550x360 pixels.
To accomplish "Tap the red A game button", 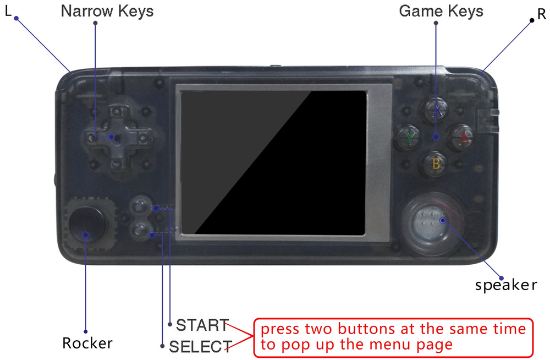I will pyautogui.click(x=463, y=138).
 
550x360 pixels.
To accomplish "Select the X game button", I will pyautogui.click(x=437, y=111).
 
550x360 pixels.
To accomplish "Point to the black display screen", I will pyautogui.click(x=274, y=162).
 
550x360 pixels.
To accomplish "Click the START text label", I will pyautogui.click(x=202, y=325).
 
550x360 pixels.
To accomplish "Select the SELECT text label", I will pyautogui.click(x=200, y=347).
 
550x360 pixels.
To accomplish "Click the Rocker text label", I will pyautogui.click(x=87, y=343).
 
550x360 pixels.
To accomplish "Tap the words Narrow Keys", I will pyautogui.click(x=107, y=11).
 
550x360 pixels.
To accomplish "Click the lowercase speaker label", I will pyautogui.click(x=505, y=285).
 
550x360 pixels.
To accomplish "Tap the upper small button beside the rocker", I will pyautogui.click(x=139, y=206).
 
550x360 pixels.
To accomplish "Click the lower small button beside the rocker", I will pyautogui.click(x=139, y=228).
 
